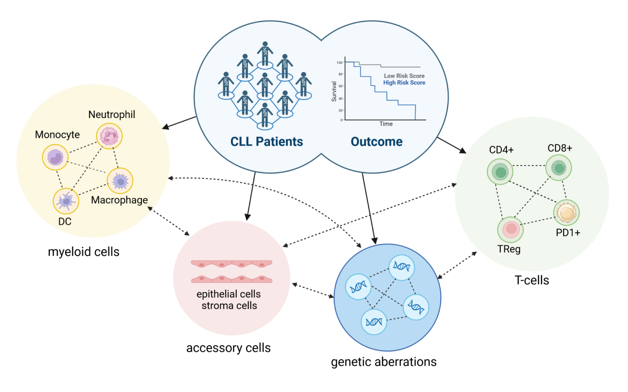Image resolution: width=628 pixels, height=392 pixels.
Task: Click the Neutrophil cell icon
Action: [x=110, y=136]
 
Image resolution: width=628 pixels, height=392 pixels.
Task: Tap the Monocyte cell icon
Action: [x=55, y=157]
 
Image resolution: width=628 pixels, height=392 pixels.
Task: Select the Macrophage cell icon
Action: [x=120, y=181]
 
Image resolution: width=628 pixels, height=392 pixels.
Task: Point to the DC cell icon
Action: [x=66, y=201]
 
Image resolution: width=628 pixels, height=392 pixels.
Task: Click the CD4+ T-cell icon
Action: [x=500, y=171]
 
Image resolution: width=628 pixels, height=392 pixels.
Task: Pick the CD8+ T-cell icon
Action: [x=559, y=168]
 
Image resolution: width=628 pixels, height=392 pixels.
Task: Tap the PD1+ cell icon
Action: [x=566, y=213]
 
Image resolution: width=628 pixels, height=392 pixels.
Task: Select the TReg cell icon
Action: [x=511, y=229]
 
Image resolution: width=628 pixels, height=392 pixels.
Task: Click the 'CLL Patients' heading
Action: [x=267, y=142]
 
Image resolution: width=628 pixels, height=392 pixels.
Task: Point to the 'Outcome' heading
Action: [x=376, y=142]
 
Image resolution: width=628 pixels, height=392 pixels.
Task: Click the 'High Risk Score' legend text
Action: [x=404, y=83]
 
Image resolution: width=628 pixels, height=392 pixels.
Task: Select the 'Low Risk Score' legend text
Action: [x=404, y=76]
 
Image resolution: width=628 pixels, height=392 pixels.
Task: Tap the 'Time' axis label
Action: [x=386, y=124]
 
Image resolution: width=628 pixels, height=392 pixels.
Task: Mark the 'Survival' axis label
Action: [x=334, y=91]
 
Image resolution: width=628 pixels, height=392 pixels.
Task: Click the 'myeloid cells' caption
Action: [x=84, y=252]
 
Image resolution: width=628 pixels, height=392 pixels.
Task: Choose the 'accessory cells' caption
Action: [x=228, y=348]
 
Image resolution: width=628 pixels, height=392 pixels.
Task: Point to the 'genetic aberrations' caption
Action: [x=383, y=362]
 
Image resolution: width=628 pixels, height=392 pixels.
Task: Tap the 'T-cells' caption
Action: [x=532, y=280]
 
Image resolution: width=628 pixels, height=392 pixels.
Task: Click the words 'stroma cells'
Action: [x=229, y=306]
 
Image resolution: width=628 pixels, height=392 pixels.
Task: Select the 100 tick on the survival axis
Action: [x=340, y=63]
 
